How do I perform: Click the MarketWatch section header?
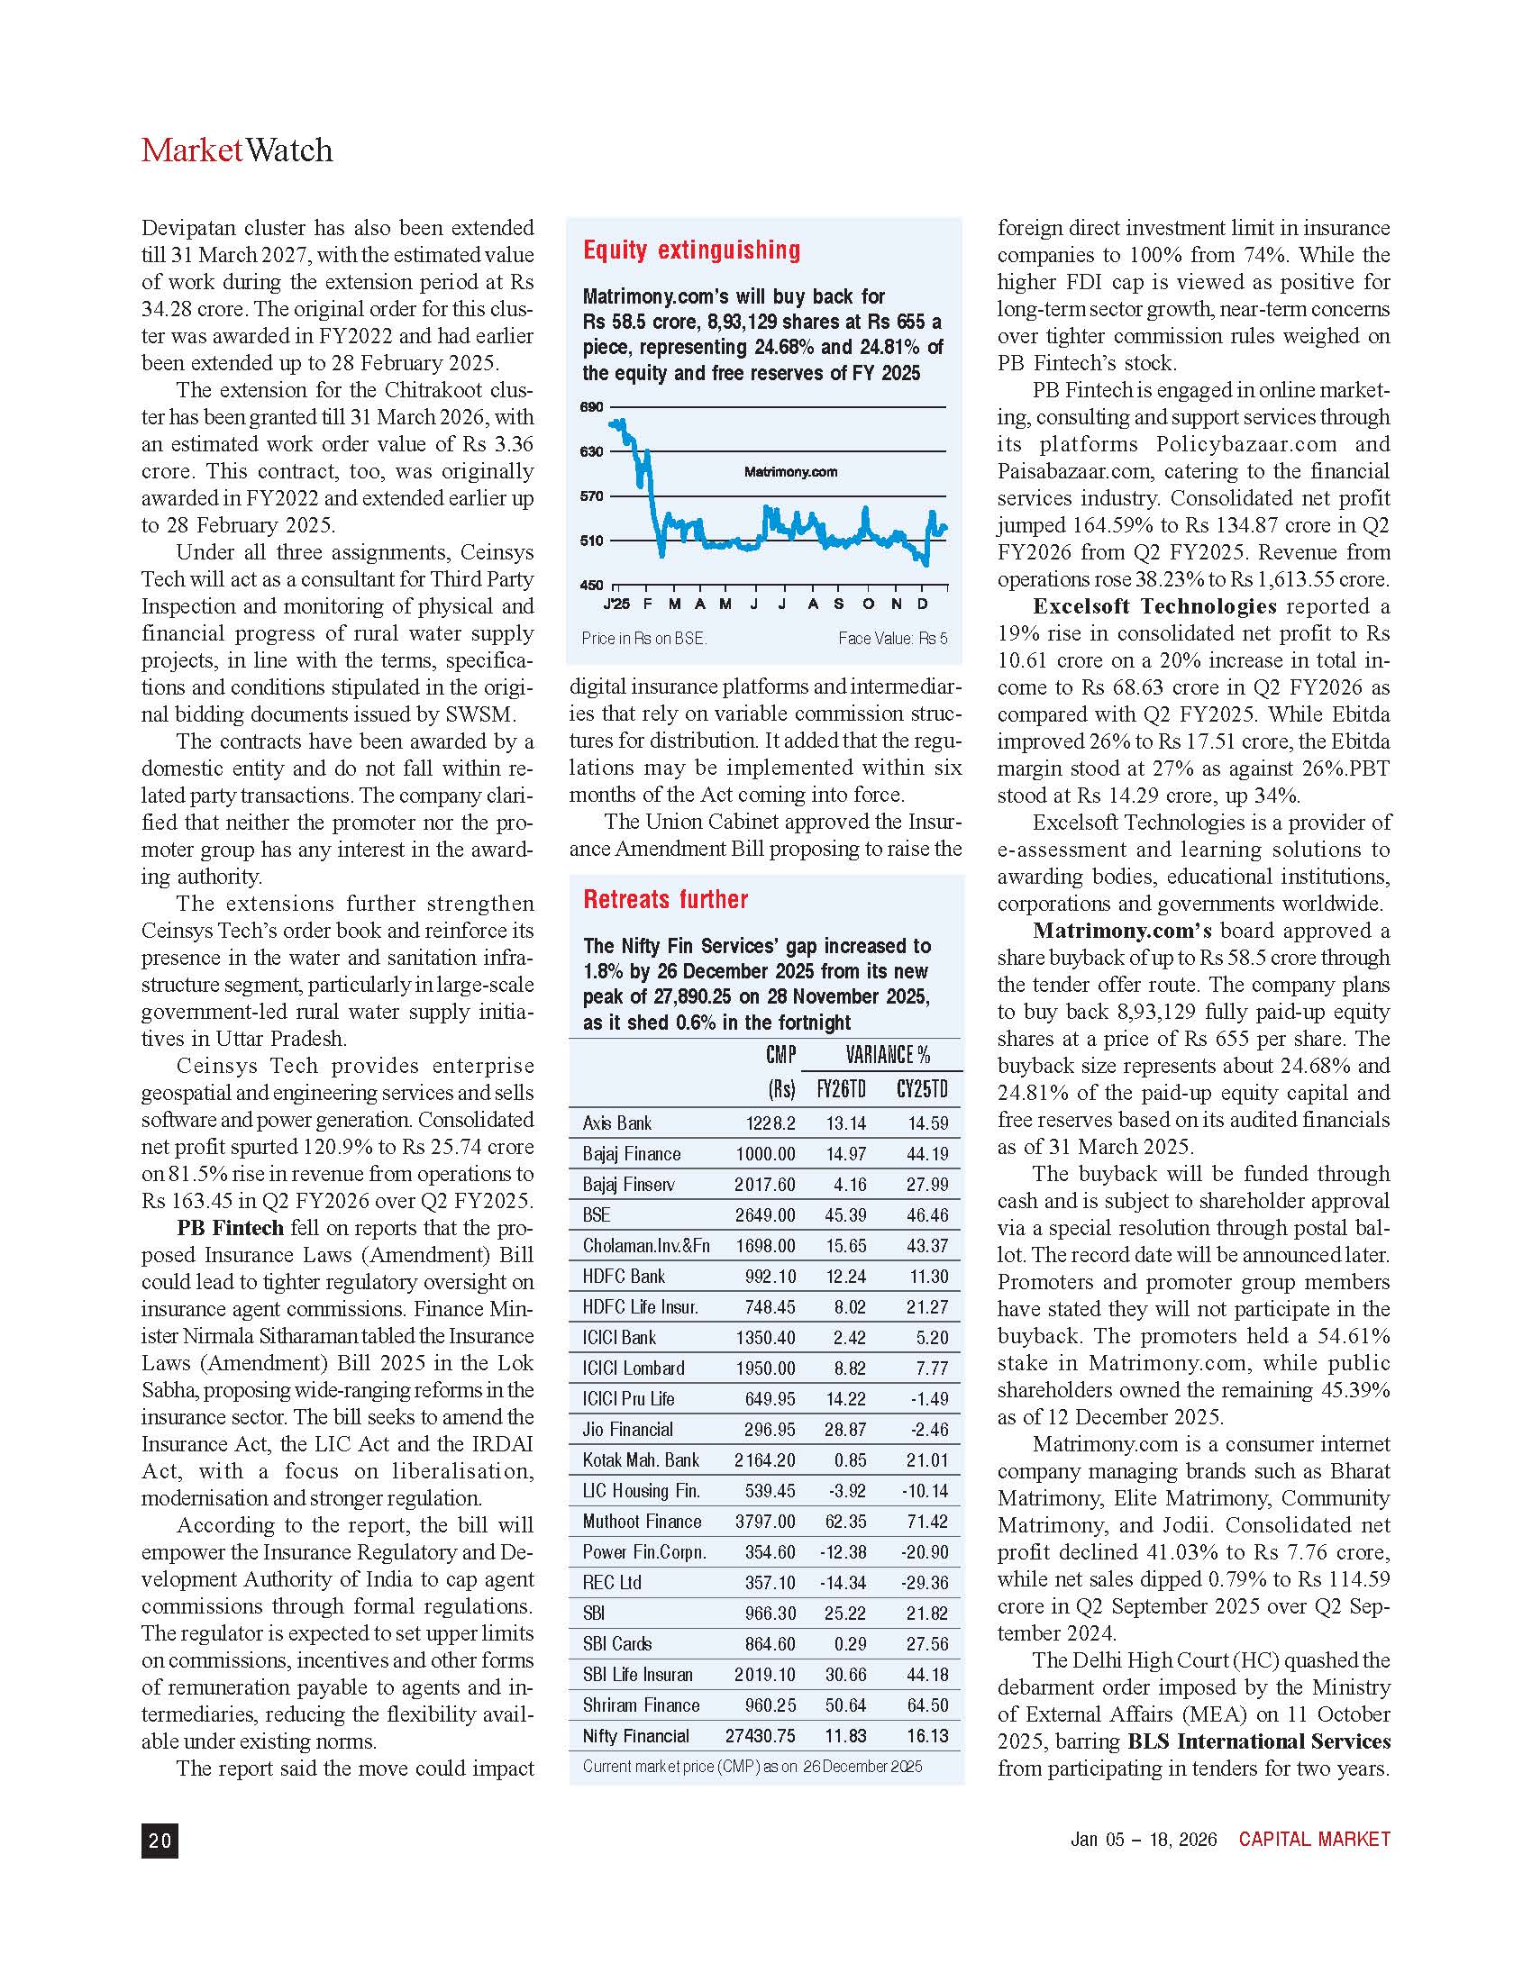pos(237,150)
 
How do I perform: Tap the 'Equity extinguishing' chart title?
pos(691,250)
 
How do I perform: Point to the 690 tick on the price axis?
pos(591,407)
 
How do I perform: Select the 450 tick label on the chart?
pos(591,586)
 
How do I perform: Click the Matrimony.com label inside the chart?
pos(790,472)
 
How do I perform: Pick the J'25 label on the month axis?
pos(616,605)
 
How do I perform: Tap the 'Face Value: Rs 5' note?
pos(892,639)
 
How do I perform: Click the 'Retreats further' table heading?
pos(665,899)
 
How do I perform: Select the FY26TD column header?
pos(842,1089)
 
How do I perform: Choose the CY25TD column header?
pos(922,1089)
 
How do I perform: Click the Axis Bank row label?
pos(617,1123)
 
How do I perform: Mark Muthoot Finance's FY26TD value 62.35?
pos(846,1522)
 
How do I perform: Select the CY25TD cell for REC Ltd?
pos(925,1583)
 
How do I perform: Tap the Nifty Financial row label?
pos(635,1736)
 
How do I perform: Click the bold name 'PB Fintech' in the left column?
pos(231,1228)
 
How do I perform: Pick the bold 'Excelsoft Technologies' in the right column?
pos(1154,606)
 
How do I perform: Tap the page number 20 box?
pos(160,1841)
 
